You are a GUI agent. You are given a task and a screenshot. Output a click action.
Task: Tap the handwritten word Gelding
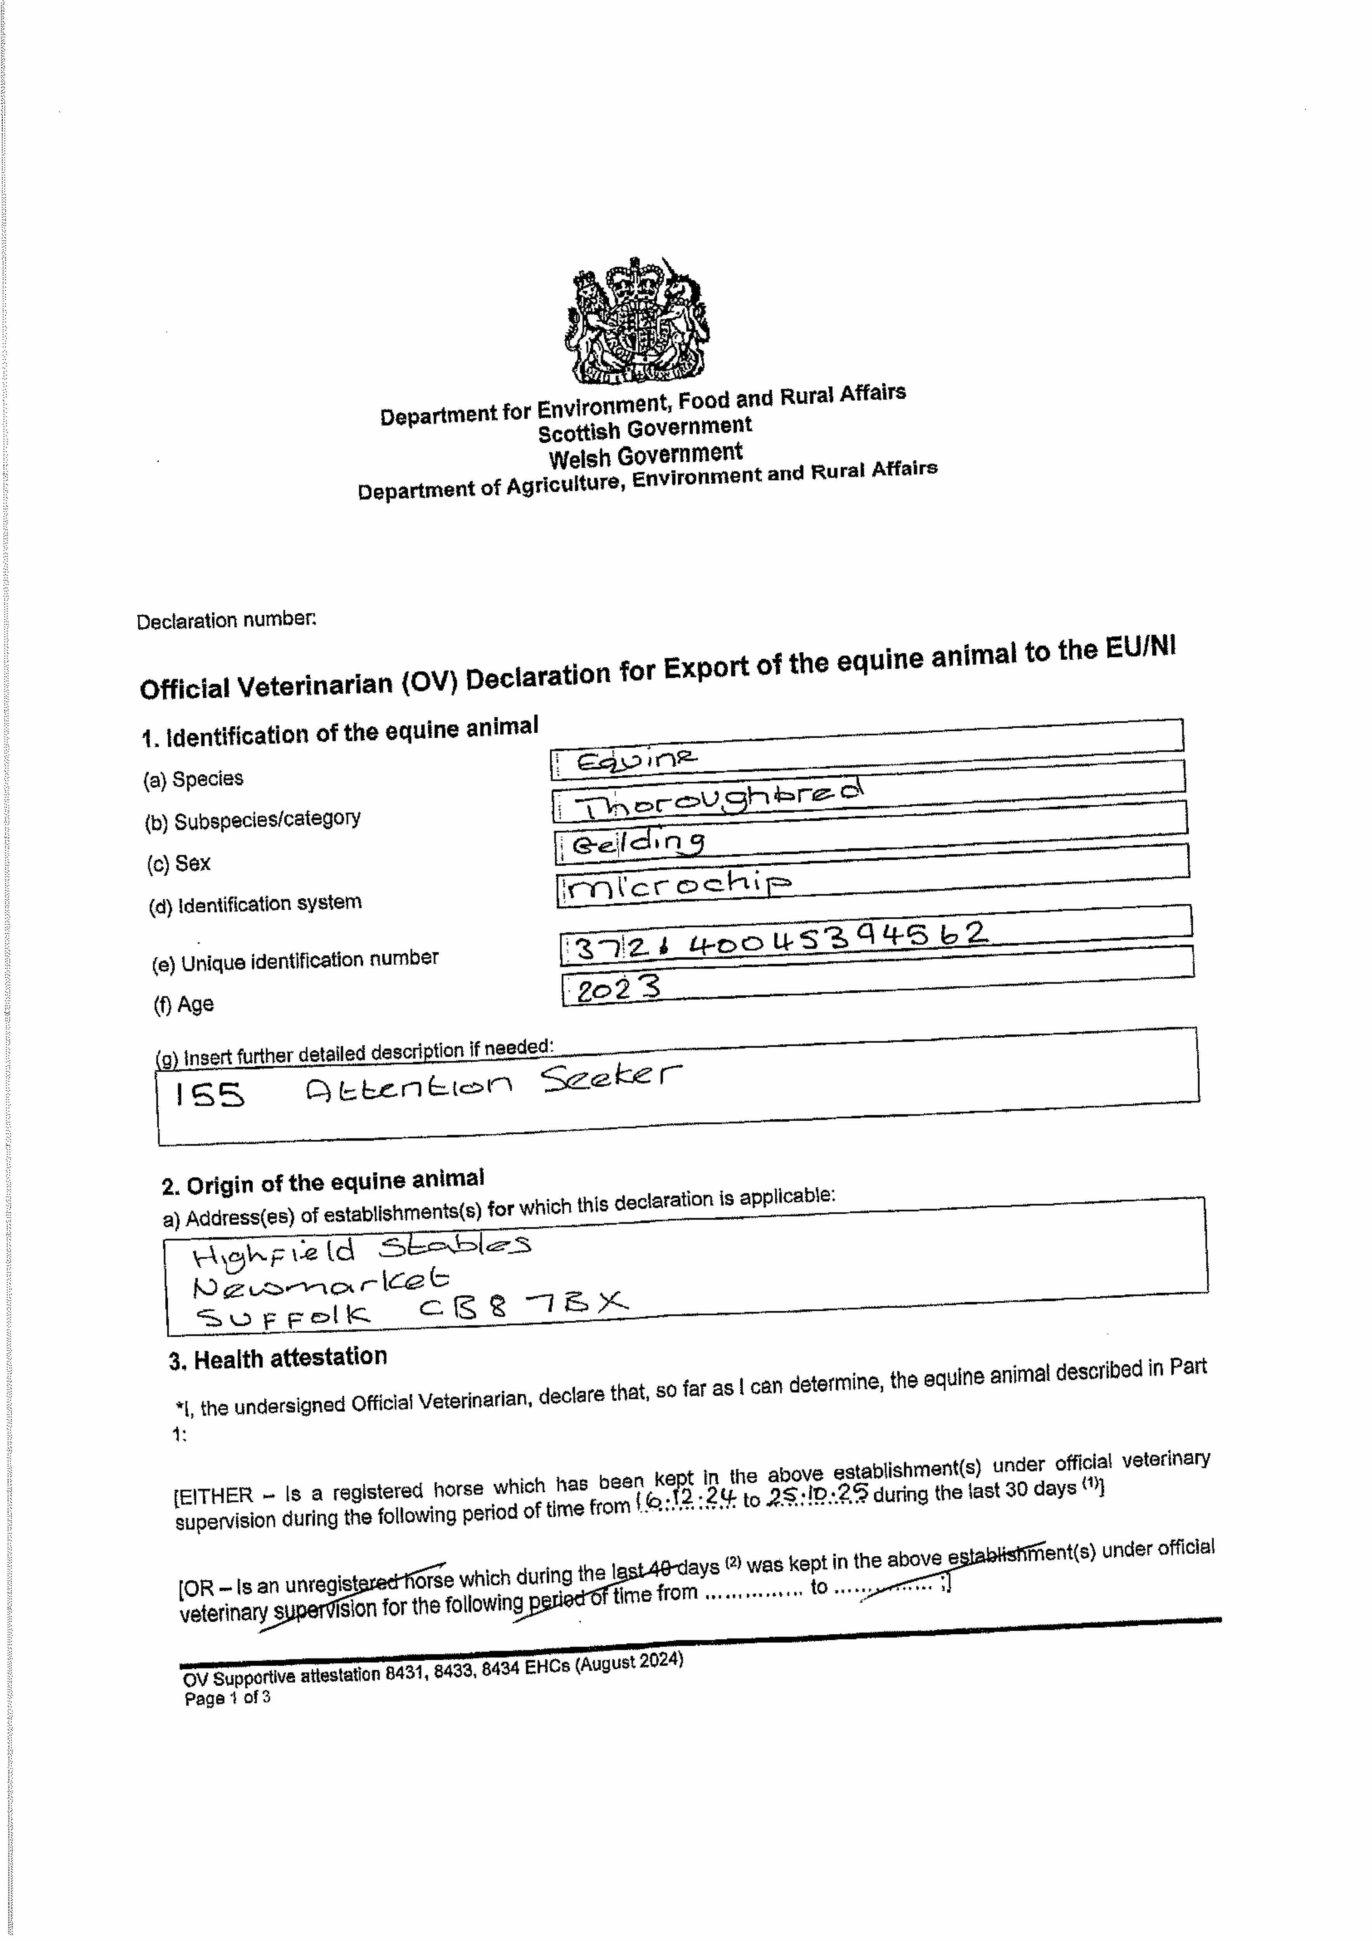pyautogui.click(x=638, y=842)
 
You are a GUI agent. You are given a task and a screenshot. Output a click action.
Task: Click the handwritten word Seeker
pyautogui.click(x=611, y=1079)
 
